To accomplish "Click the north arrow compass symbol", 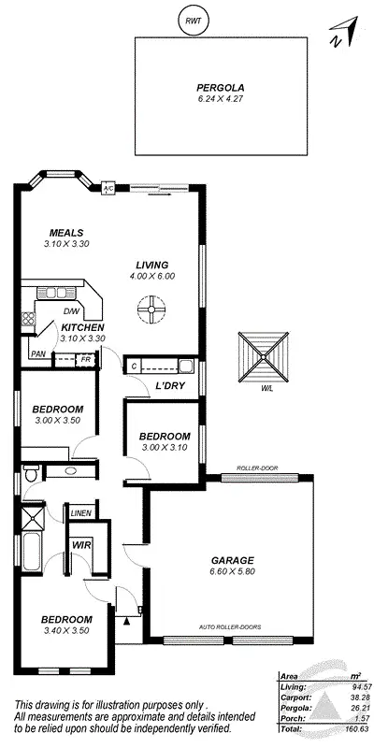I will pyautogui.click(x=341, y=34).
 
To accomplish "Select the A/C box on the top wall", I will pyautogui.click(x=108, y=188).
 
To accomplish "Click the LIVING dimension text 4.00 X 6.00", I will pyautogui.click(x=154, y=276).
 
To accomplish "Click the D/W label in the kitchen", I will pyautogui.click(x=71, y=311).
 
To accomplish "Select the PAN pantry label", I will pyautogui.click(x=38, y=354).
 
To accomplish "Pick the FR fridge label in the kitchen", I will pyautogui.click(x=85, y=359).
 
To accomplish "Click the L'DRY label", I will pyautogui.click(x=168, y=386).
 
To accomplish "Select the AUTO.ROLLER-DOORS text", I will pyautogui.click(x=227, y=626).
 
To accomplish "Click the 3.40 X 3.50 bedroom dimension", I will pyautogui.click(x=65, y=632).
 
